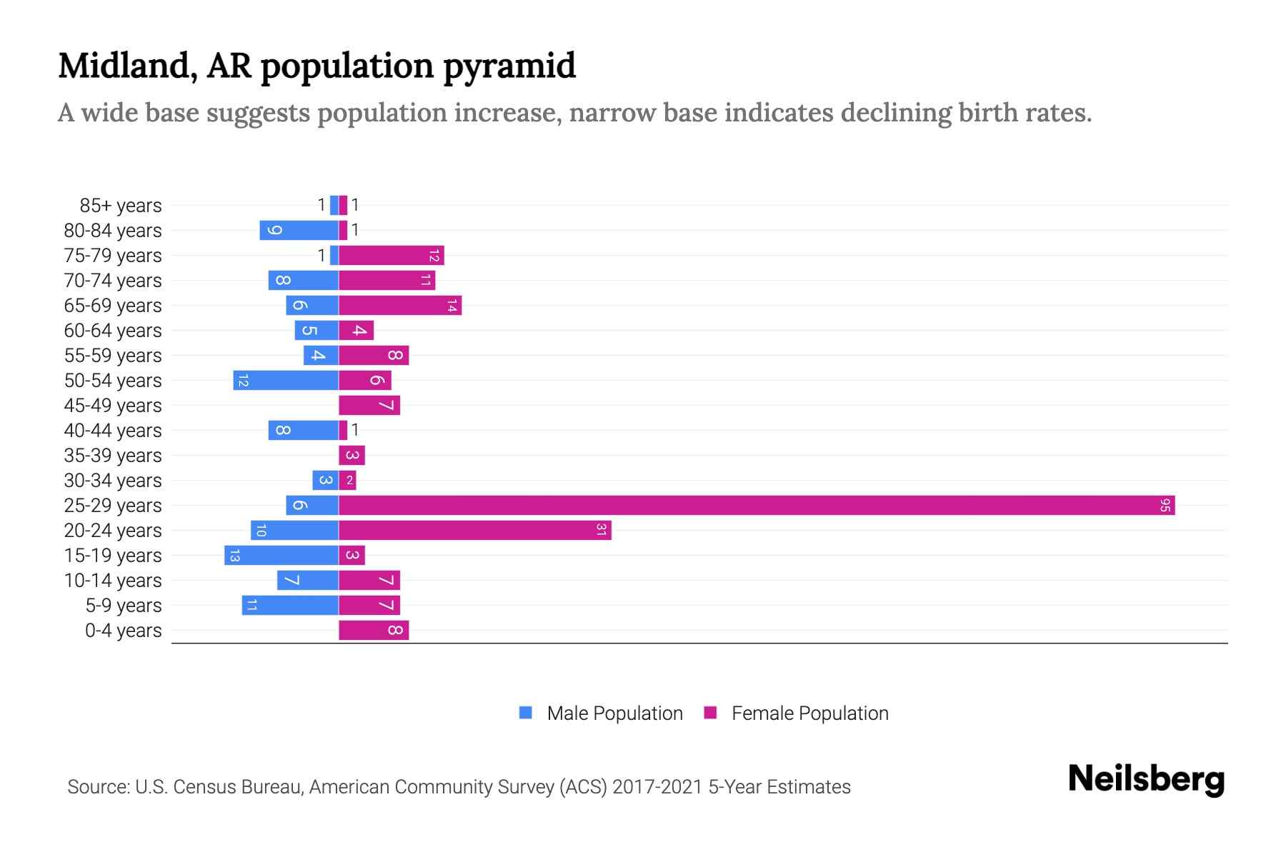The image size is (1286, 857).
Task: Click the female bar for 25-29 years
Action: point(756,506)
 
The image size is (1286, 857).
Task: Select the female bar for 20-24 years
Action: point(474,531)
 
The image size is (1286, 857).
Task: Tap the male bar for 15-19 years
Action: point(281,556)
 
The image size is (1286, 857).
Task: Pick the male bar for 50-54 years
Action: point(285,381)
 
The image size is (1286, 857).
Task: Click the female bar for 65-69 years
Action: point(399,306)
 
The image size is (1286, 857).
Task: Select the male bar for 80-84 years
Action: point(299,231)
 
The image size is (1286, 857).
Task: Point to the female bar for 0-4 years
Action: point(373,631)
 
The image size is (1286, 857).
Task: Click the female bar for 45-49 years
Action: point(369,406)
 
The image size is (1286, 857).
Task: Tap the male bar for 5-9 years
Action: point(289,606)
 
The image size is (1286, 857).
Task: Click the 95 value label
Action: point(1165,506)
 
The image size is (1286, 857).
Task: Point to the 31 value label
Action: point(601,531)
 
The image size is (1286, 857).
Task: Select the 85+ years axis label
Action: point(121,206)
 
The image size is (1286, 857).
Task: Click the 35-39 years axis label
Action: point(113,456)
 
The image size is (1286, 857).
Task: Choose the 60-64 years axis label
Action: point(113,331)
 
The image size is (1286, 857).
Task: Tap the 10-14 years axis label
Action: point(113,581)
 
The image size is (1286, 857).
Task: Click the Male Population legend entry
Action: point(614,713)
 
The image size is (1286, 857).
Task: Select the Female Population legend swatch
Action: point(710,713)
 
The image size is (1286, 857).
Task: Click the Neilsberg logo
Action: point(1146,779)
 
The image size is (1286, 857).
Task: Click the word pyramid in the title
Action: point(509,66)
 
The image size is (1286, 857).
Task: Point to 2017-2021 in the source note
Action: point(657,787)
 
